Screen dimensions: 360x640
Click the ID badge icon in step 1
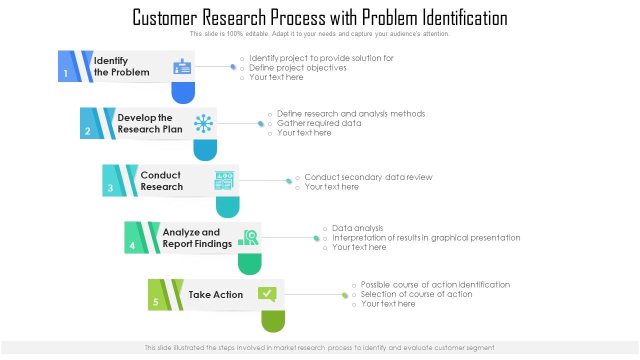pyautogui.click(x=182, y=66)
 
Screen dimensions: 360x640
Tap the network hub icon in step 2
pyautogui.click(x=203, y=123)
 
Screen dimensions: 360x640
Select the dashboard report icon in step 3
pyautogui.click(x=224, y=180)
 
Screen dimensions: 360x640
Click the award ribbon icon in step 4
pyautogui.click(x=248, y=237)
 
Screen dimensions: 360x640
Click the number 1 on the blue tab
pyautogui.click(x=65, y=74)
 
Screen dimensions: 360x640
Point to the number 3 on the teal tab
pyautogui.click(x=110, y=188)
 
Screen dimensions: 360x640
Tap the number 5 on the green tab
pyautogui.click(x=155, y=302)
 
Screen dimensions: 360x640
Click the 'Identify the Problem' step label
pyautogui.click(x=121, y=66)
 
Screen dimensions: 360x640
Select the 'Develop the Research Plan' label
pyautogui.click(x=150, y=123)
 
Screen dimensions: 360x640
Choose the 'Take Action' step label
pyautogui.click(x=215, y=294)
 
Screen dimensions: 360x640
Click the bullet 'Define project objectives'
pyautogui.click(x=297, y=67)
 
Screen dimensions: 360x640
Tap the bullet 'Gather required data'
pyautogui.click(x=319, y=123)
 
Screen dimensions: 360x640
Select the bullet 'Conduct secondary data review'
pyautogui.click(x=368, y=177)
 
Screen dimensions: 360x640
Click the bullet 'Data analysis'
pyautogui.click(x=357, y=228)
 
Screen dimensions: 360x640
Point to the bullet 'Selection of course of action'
pyautogui.click(x=416, y=294)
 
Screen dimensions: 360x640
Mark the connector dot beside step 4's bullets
pyautogui.click(x=316, y=238)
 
